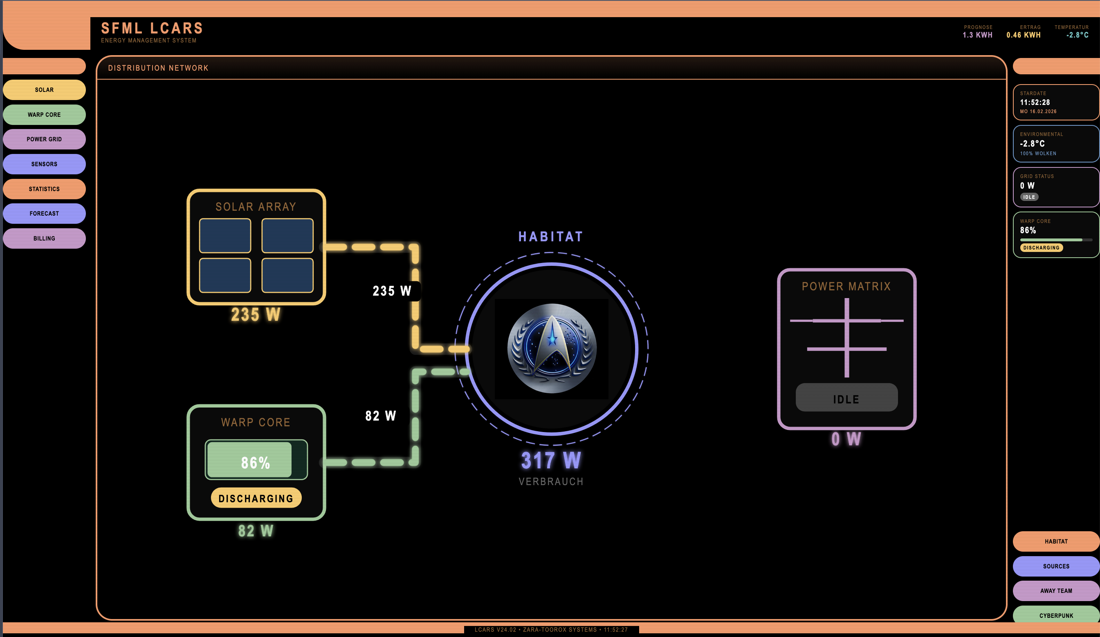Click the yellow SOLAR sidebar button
(44, 90)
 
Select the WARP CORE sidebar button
(44, 115)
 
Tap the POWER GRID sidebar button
(44, 139)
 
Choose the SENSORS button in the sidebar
(44, 164)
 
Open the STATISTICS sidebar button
(44, 189)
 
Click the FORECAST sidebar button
(44, 214)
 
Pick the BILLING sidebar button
(44, 238)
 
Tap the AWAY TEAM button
(1055, 591)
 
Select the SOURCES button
(1055, 566)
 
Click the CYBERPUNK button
(1055, 615)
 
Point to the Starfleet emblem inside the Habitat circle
(552, 348)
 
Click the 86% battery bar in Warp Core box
(256, 460)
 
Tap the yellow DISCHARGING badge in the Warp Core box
(256, 498)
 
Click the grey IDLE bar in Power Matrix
(846, 398)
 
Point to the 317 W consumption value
(551, 461)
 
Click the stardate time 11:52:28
(1035, 102)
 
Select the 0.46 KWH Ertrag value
(1023, 35)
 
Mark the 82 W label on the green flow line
(381, 416)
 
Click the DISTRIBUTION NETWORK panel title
(158, 68)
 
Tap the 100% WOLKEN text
(1038, 154)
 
